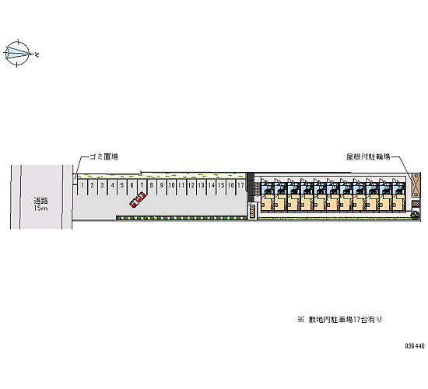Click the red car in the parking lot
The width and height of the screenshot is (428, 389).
138,200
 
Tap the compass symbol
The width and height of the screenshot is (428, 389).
17,53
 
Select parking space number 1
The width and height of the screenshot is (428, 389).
82,187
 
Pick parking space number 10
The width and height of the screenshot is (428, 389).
171,187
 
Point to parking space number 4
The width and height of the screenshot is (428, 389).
112,187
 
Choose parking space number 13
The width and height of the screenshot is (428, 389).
202,187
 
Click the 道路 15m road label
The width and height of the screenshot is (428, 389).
41,204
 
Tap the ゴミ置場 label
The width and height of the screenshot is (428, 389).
104,156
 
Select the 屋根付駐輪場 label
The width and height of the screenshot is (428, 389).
368,156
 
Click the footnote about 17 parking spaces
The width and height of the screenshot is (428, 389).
340,320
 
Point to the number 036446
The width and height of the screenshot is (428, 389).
415,346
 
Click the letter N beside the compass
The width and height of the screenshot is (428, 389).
37,55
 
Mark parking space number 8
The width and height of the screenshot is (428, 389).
152,187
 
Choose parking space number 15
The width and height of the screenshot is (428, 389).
221,187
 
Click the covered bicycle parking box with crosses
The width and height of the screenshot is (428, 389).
416,185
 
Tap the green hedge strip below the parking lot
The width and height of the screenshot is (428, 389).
182,218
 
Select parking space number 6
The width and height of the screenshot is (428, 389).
132,187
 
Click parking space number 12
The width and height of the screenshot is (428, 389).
191,187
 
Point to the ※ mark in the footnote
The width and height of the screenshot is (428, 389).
301,320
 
